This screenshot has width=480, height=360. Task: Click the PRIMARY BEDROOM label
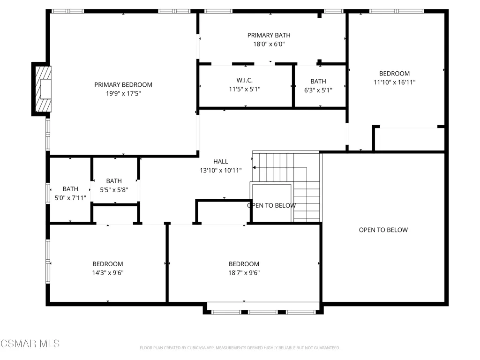[123, 85]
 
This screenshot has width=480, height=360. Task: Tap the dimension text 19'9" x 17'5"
[123, 93]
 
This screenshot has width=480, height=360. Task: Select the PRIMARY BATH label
[269, 36]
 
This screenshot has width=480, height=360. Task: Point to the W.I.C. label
[244, 81]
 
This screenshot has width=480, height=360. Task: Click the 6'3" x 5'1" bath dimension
[318, 90]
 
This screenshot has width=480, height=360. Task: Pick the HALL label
[220, 162]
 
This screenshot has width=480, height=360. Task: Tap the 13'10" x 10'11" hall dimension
[220, 171]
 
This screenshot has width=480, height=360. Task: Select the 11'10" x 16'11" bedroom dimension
[394, 82]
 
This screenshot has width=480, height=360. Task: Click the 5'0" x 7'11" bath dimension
[70, 198]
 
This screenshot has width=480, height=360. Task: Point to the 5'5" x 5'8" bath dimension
[114, 190]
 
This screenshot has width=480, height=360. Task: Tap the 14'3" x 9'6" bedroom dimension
[108, 273]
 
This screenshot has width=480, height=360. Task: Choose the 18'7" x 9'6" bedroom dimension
[244, 273]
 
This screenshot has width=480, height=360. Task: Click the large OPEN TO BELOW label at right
[383, 230]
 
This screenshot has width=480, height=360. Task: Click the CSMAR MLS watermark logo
[30, 344]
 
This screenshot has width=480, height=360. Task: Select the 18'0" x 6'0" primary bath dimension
[269, 44]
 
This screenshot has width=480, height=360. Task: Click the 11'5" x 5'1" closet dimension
[244, 90]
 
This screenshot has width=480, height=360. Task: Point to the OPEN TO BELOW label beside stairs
[271, 205]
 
